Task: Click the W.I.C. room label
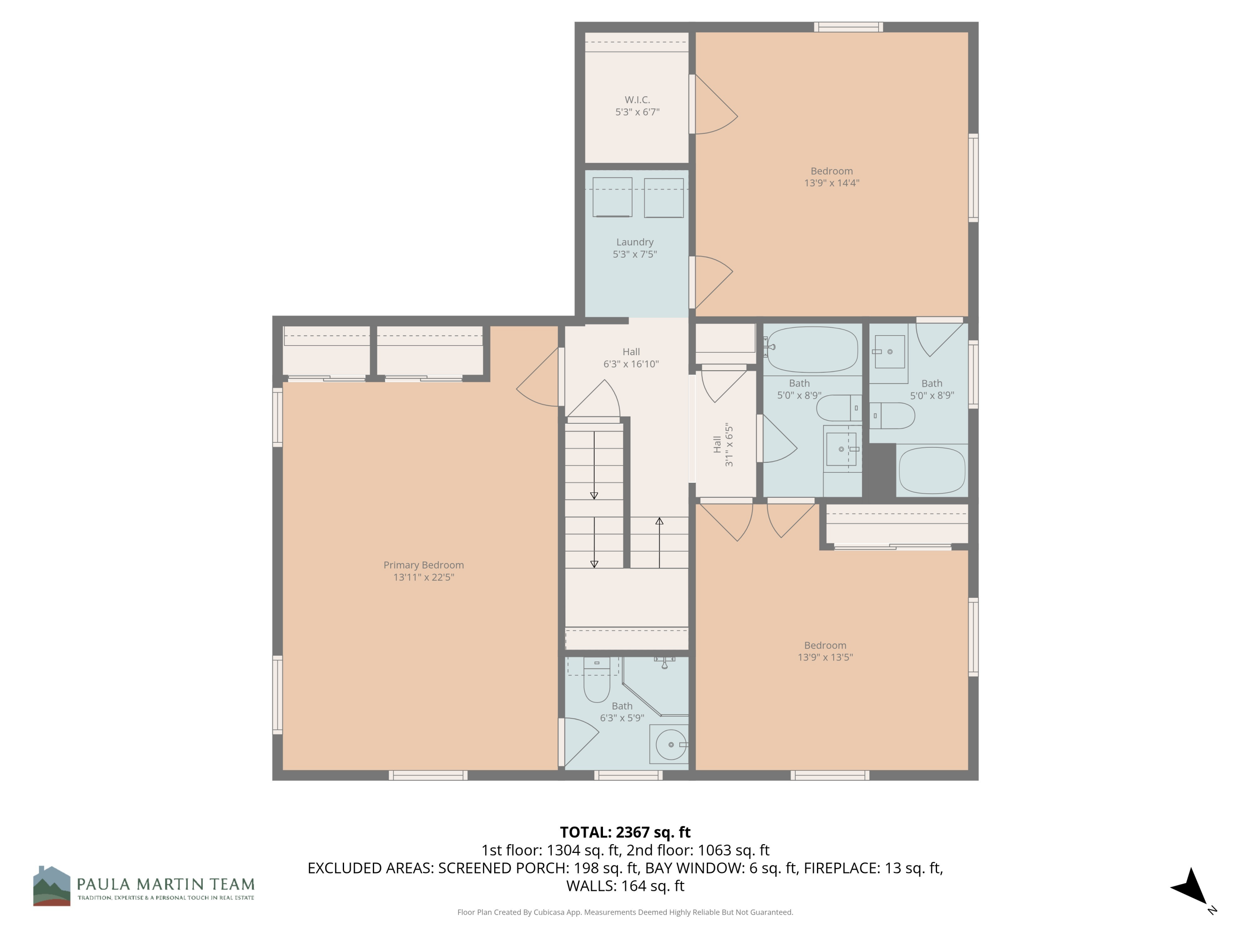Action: (x=637, y=100)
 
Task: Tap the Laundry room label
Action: (x=635, y=242)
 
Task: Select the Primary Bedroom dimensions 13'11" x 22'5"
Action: (x=424, y=577)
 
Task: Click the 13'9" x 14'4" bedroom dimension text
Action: (x=831, y=183)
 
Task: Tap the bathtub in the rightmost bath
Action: (x=932, y=470)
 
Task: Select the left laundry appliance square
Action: (x=612, y=197)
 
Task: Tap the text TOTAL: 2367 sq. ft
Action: (x=625, y=832)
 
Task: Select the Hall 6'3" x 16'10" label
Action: (x=631, y=358)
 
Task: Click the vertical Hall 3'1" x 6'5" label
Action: (x=723, y=445)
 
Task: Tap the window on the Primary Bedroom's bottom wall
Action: (x=428, y=775)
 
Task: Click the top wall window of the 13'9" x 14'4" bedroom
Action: (x=848, y=27)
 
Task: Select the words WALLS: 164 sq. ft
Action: (x=625, y=886)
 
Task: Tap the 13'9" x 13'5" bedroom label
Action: (x=825, y=651)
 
